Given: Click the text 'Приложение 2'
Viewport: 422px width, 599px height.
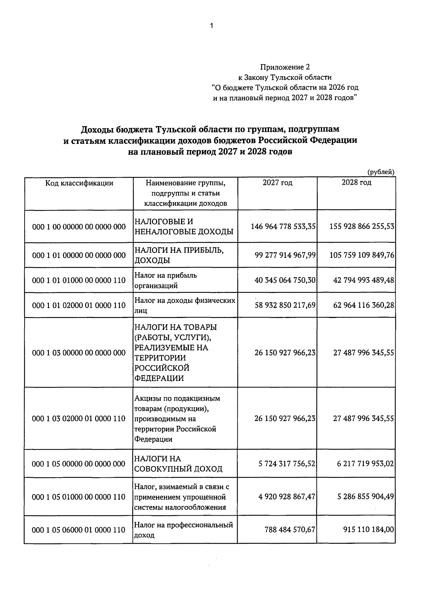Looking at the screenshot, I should pyautogui.click(x=285, y=67).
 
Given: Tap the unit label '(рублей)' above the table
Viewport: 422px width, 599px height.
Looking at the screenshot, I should pyautogui.click(x=381, y=172).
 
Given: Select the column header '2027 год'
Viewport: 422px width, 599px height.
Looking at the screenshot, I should pyautogui.click(x=277, y=183).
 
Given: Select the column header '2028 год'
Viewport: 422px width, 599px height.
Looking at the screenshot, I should pyautogui.click(x=356, y=183).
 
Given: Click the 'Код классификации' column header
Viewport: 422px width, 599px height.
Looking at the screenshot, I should pyautogui.click(x=79, y=183).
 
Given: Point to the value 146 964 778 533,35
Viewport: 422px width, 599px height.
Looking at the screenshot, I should pyautogui.click(x=283, y=227).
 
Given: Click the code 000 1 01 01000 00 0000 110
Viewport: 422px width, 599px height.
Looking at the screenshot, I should pyautogui.click(x=79, y=280).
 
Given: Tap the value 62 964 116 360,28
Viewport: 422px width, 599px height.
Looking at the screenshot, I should pyautogui.click(x=364, y=305).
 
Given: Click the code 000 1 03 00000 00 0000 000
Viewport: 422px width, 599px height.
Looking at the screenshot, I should pyautogui.click(x=79, y=353).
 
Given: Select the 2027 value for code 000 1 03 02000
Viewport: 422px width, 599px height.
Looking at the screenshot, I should pyautogui.click(x=285, y=419).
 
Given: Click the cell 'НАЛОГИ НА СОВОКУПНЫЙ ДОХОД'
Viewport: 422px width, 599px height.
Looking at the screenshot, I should pyautogui.click(x=178, y=464).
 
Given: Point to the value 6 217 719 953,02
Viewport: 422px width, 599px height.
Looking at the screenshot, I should pyautogui.click(x=365, y=464).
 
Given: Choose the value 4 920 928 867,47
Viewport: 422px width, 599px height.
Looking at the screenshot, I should pyautogui.click(x=287, y=497).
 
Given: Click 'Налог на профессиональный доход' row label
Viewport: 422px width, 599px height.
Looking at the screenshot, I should pyautogui.click(x=184, y=530).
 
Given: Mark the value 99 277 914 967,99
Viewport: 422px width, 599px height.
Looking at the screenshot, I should pyautogui.click(x=285, y=255).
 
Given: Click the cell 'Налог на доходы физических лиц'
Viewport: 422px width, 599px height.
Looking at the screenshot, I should pyautogui.click(x=185, y=305).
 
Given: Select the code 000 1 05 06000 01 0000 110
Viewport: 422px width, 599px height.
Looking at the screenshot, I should pyautogui.click(x=79, y=530).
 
